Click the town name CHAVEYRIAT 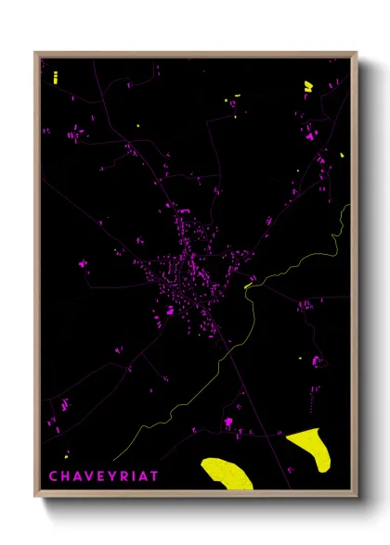pyautogui.click(x=103, y=476)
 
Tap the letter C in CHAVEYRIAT pyautogui.click(x=52, y=476)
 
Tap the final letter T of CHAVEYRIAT pyautogui.click(x=154, y=476)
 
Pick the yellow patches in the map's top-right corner pyautogui.click(x=308, y=86)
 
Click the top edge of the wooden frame pyautogui.click(x=195, y=54)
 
